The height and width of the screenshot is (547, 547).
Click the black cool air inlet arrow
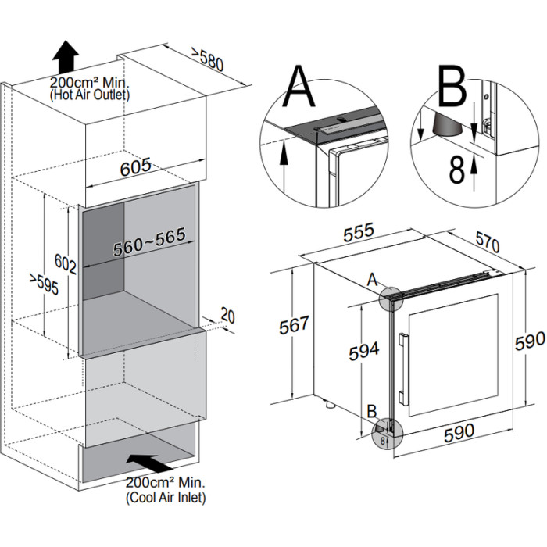pos(148,462)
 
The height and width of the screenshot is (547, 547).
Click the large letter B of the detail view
pos(451,88)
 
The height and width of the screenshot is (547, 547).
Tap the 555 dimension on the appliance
pos(359,233)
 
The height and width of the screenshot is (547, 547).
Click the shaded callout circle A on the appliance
pos(388,296)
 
